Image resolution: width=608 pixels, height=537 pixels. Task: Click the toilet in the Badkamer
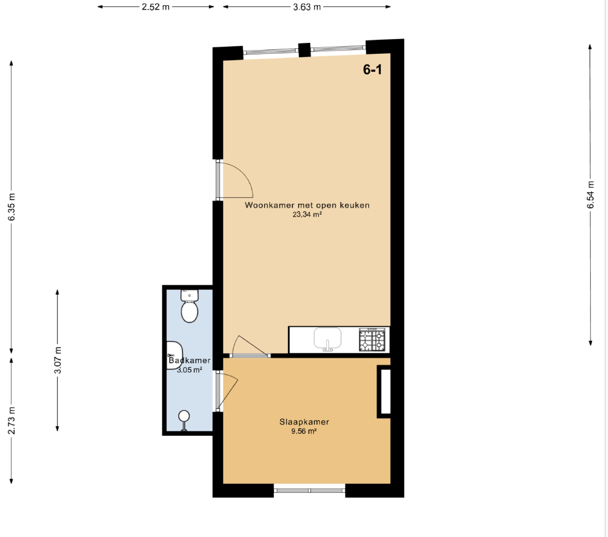[x=190, y=306]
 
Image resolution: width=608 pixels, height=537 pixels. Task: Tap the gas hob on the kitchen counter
[x=372, y=340]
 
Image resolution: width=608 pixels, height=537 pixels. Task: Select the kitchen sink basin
[x=328, y=338]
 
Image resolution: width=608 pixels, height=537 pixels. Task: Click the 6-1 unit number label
[x=372, y=69]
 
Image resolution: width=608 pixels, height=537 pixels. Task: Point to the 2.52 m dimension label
[x=155, y=6]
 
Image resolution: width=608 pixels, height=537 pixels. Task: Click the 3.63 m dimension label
[x=307, y=6]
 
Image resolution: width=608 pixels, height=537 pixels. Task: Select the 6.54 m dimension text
[x=590, y=195]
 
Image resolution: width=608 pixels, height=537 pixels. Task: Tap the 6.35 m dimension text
[x=12, y=207]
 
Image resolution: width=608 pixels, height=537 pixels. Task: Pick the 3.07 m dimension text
[x=57, y=360]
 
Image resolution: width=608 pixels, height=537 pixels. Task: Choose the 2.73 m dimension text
[x=12, y=420]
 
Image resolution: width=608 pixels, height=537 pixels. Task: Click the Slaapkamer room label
[x=304, y=422]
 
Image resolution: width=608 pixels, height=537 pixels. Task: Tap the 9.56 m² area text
[x=304, y=431]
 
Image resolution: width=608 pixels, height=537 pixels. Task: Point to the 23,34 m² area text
[x=307, y=214]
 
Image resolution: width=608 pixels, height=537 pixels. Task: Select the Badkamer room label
[x=190, y=360]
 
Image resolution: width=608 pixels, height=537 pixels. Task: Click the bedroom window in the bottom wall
[x=309, y=490]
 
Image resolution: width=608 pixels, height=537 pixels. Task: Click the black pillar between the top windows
[x=305, y=50]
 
